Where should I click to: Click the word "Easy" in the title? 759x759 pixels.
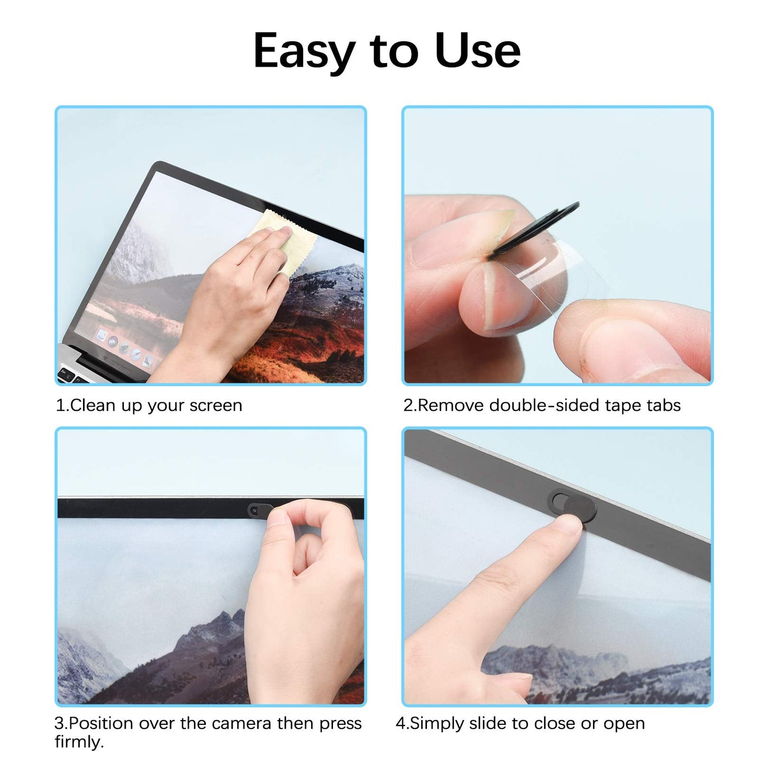pos(304,51)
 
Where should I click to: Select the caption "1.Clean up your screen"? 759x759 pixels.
pos(149,406)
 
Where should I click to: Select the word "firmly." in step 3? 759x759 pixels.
pos(79,742)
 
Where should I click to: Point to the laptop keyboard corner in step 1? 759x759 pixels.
pos(71,374)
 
